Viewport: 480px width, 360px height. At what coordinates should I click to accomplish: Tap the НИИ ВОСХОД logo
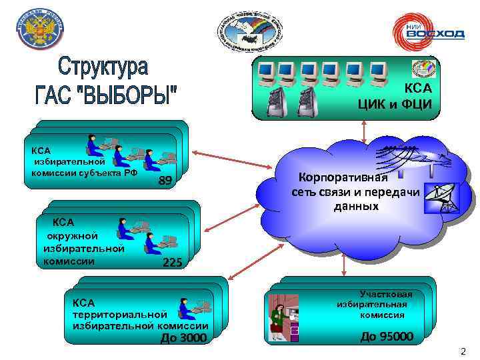(x=426, y=32)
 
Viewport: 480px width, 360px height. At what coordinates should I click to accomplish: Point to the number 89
(x=166, y=181)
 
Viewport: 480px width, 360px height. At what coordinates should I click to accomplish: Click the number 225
(x=172, y=263)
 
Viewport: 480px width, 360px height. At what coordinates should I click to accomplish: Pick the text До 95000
(x=387, y=336)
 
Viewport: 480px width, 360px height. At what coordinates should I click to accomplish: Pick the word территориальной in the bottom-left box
(x=119, y=313)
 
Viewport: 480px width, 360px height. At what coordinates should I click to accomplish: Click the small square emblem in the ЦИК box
(x=421, y=69)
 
